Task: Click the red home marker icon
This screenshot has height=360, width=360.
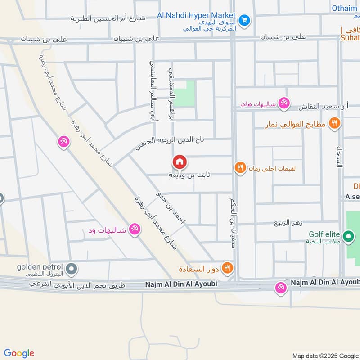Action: point(179,162)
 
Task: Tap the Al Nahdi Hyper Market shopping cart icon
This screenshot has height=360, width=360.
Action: point(244,20)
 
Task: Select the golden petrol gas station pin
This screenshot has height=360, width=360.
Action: point(71,270)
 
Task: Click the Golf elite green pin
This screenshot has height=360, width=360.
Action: point(347,235)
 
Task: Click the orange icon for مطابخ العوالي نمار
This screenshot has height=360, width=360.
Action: point(334,123)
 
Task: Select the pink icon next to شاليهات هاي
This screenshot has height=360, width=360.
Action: point(283,104)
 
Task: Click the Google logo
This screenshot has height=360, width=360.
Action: point(19,353)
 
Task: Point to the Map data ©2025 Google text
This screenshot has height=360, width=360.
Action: point(325,355)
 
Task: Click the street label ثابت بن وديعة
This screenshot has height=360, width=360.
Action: point(189,175)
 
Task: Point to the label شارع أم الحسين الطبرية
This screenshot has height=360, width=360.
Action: point(108,18)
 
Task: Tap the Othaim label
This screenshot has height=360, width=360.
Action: point(345,8)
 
